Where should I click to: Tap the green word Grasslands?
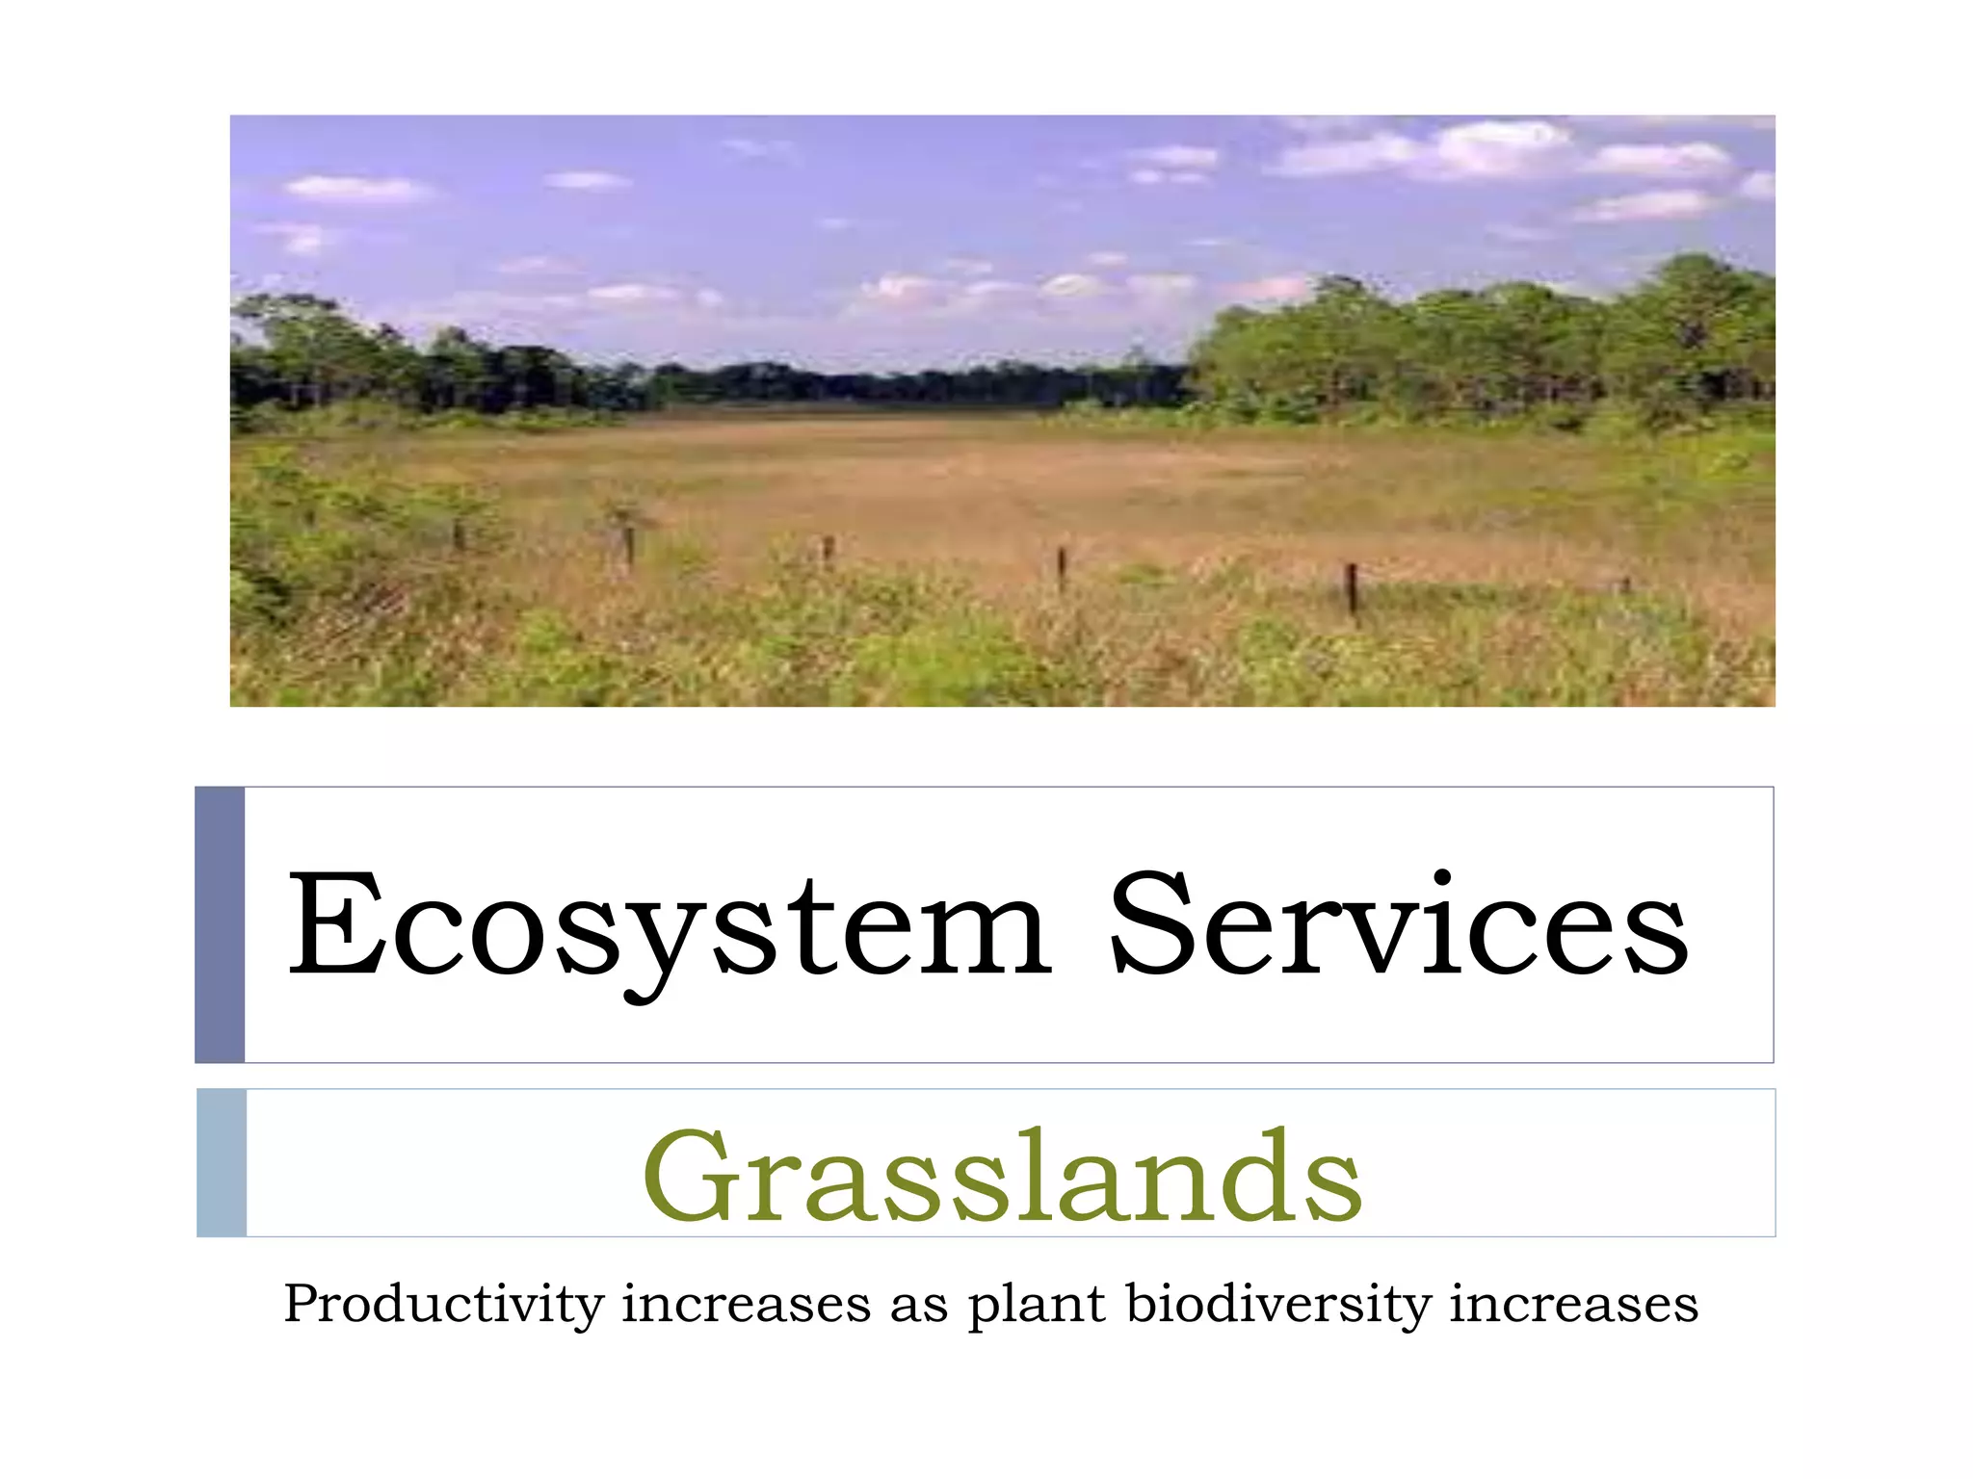click(x=1002, y=1177)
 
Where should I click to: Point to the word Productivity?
click(x=444, y=1306)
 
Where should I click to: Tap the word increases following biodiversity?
click(x=1573, y=1306)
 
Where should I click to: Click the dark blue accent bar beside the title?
click(x=220, y=924)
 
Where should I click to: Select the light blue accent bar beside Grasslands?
click(x=222, y=1162)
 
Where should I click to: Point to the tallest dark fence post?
click(x=1352, y=588)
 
